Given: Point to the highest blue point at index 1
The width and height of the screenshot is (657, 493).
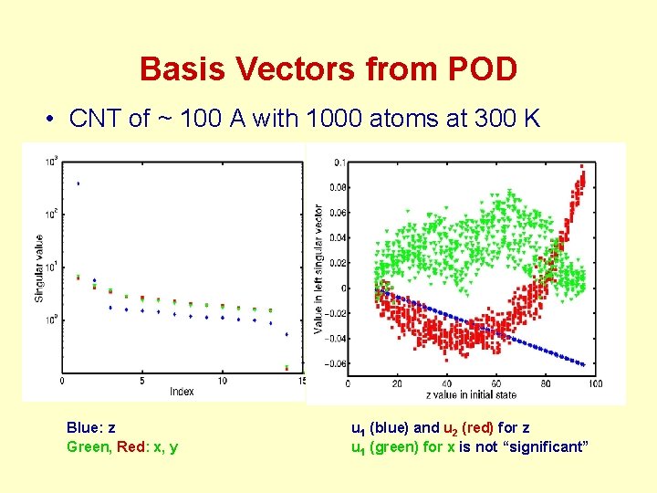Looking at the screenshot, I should [x=78, y=184].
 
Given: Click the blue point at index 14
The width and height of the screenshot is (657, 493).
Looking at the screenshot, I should [x=287, y=334].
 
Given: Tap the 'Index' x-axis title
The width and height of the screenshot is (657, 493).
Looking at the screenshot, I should [x=182, y=392].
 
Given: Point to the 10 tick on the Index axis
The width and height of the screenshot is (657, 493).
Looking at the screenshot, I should [x=222, y=381].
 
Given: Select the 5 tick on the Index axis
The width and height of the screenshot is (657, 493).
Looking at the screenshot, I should [x=142, y=381].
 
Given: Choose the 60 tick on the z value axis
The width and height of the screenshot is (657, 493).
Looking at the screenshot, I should [x=495, y=383].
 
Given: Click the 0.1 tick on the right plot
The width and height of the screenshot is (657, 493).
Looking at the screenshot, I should [x=339, y=163].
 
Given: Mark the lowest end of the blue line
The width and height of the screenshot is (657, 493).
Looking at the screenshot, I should [x=582, y=364].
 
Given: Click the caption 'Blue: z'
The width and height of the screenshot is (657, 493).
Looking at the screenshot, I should [x=91, y=427].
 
